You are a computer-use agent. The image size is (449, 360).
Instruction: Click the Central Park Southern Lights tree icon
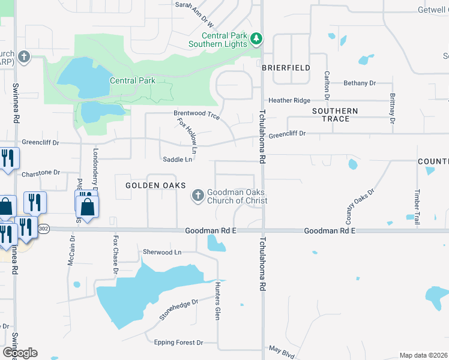click(256, 39)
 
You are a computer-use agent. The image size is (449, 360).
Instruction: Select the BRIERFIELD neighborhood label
click(286, 68)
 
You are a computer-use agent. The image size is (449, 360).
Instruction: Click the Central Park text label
click(133, 80)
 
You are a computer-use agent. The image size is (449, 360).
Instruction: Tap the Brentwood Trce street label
click(196, 113)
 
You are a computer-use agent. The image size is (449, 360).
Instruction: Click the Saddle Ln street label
click(177, 160)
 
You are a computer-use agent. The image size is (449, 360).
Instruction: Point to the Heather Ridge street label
click(289, 101)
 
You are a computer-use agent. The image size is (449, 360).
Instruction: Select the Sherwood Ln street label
click(161, 253)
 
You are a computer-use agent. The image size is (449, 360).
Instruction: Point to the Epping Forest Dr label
click(178, 343)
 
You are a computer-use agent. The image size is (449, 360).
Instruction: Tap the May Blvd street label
click(281, 351)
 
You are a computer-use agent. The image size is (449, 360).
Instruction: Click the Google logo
click(20, 353)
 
